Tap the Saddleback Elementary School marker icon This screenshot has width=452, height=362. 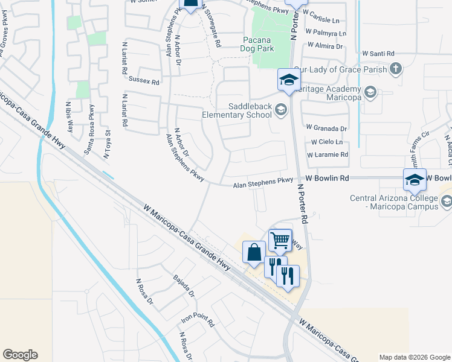pyautogui.click(x=280, y=109)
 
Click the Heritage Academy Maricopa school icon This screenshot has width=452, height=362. pyautogui.click(x=370, y=92)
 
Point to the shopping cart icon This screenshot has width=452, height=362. pyautogui.click(x=280, y=240)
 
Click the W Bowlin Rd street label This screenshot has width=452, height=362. pyautogui.click(x=328, y=179)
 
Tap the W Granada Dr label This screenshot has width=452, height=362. pyautogui.click(x=327, y=129)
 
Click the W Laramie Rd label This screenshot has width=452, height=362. pyautogui.click(x=328, y=155)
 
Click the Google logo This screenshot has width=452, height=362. pyautogui.click(x=20, y=355)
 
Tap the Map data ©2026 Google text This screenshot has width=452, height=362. pyautogui.click(x=414, y=357)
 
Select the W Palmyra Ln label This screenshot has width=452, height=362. pyautogui.click(x=326, y=33)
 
